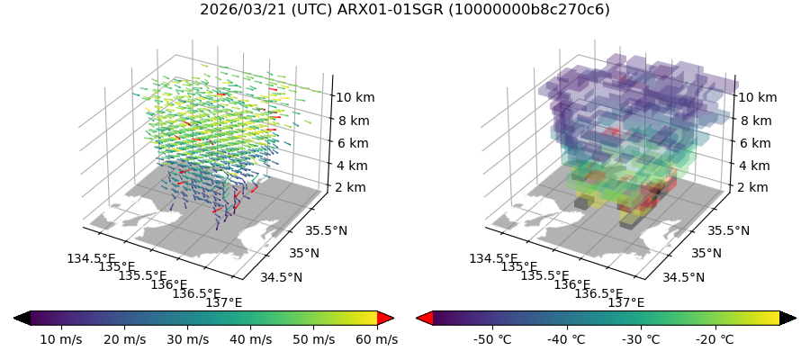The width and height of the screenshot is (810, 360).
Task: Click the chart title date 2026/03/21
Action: click(x=237, y=10)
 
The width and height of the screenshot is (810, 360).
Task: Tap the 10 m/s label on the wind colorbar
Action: click(x=61, y=339)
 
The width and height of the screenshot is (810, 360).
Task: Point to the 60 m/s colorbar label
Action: click(x=375, y=339)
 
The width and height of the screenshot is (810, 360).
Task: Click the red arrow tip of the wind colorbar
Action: click(x=386, y=318)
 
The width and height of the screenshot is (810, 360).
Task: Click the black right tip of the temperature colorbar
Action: click(x=787, y=318)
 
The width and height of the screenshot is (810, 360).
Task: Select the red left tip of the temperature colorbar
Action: click(x=424, y=318)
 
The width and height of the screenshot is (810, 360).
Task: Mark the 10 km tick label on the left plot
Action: click(x=355, y=97)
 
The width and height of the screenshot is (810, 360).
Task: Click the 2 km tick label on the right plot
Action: click(x=752, y=187)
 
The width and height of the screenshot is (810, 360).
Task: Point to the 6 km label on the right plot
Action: click(x=754, y=143)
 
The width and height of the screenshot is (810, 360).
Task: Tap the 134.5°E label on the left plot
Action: click(x=91, y=259)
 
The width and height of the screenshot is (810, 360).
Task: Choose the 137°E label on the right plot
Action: click(x=626, y=302)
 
